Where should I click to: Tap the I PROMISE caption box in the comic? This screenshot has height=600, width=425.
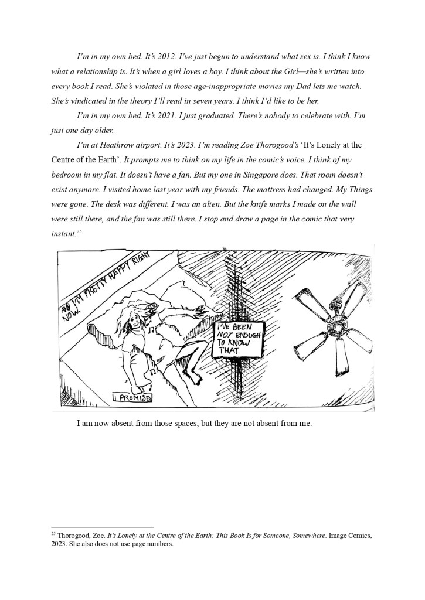click(132, 399)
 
